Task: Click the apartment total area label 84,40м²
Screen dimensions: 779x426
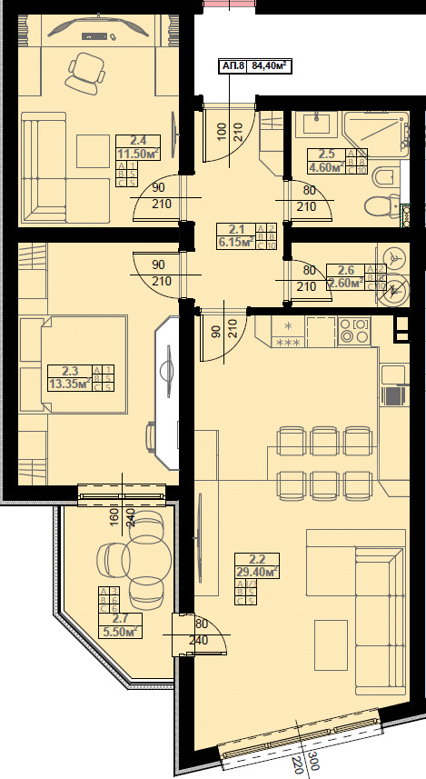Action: point(270,65)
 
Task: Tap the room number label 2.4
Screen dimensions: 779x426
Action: point(139,141)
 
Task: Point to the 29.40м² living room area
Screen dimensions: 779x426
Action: point(256,573)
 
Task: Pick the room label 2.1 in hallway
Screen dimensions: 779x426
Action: point(237,229)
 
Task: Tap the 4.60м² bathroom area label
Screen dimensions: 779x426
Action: point(325,167)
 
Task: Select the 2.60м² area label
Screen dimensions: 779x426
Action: point(344,283)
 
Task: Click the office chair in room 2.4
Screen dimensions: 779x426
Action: point(86,70)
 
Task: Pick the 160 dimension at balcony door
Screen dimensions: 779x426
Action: point(115,517)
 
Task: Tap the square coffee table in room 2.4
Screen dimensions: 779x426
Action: point(92,149)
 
